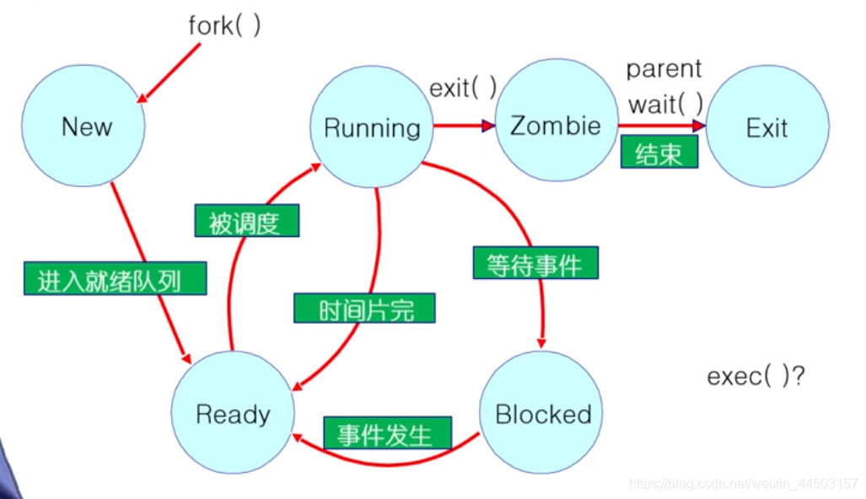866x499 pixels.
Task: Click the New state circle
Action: (x=83, y=126)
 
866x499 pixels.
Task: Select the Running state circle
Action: (x=372, y=127)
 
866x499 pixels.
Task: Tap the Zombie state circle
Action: (x=556, y=126)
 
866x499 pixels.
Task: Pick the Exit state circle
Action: (x=766, y=128)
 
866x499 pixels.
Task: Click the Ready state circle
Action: (x=233, y=414)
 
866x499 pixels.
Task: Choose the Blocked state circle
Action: (x=542, y=414)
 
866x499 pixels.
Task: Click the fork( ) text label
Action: (x=224, y=25)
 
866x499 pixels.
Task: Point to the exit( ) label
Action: (x=463, y=88)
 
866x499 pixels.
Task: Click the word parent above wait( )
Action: (x=664, y=69)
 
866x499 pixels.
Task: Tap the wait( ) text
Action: (x=666, y=105)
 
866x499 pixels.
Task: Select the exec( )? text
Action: (x=756, y=376)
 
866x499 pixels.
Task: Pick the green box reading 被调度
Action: (x=246, y=222)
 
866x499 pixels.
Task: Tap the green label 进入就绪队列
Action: (x=115, y=279)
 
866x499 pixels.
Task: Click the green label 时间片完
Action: (x=364, y=309)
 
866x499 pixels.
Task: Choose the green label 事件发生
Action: (x=387, y=434)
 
